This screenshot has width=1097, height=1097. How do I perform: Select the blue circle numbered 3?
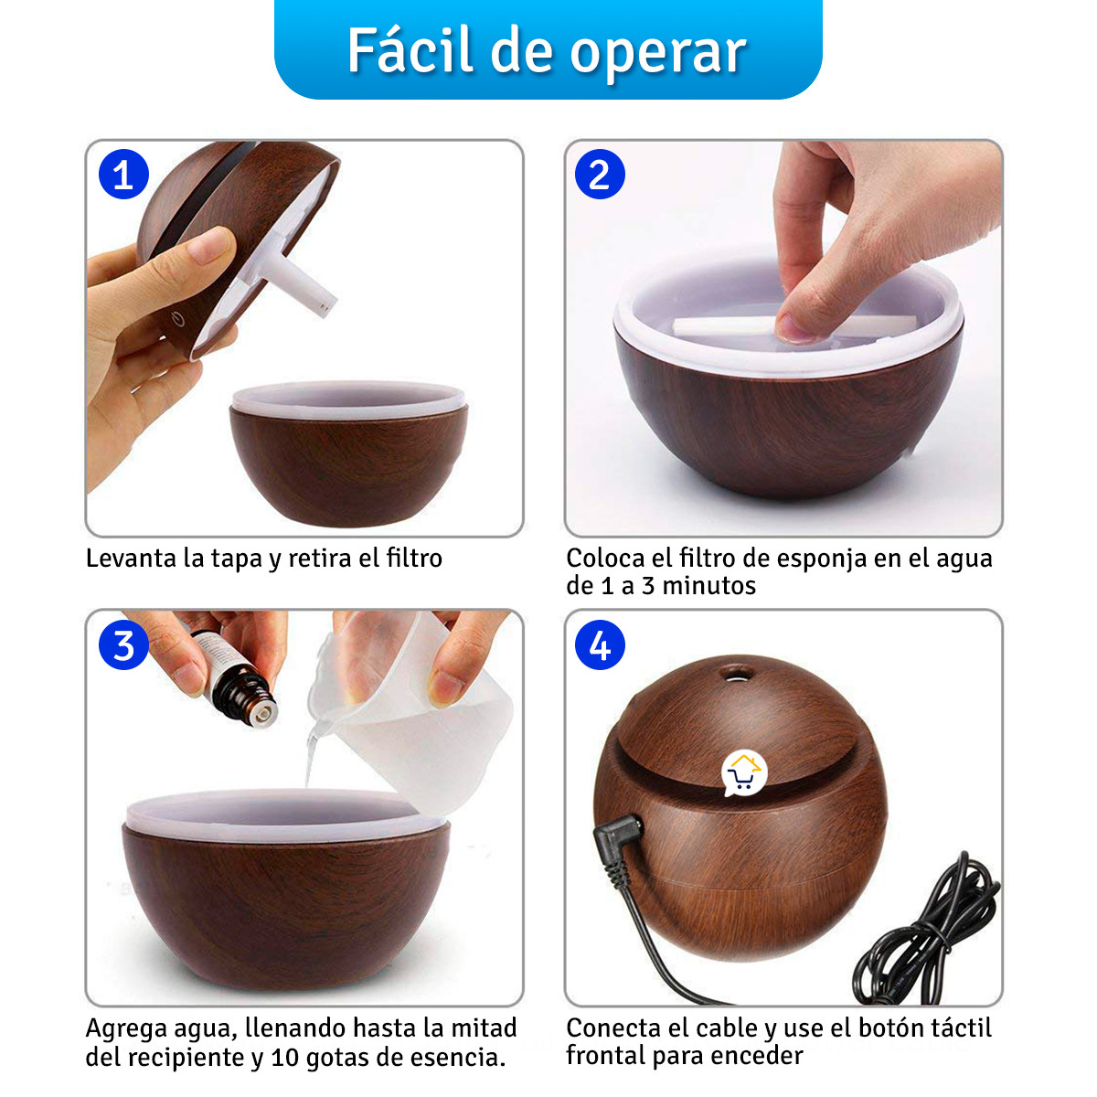click(x=123, y=645)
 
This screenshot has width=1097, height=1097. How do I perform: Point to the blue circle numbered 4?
click(x=600, y=645)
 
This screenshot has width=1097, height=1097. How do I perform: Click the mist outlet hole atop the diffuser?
click(x=732, y=675)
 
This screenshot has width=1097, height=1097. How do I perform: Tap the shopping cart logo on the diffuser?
click(x=743, y=774)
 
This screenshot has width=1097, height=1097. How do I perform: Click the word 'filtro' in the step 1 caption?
click(x=414, y=558)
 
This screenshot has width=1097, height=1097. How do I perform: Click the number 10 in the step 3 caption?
click(x=285, y=1058)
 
